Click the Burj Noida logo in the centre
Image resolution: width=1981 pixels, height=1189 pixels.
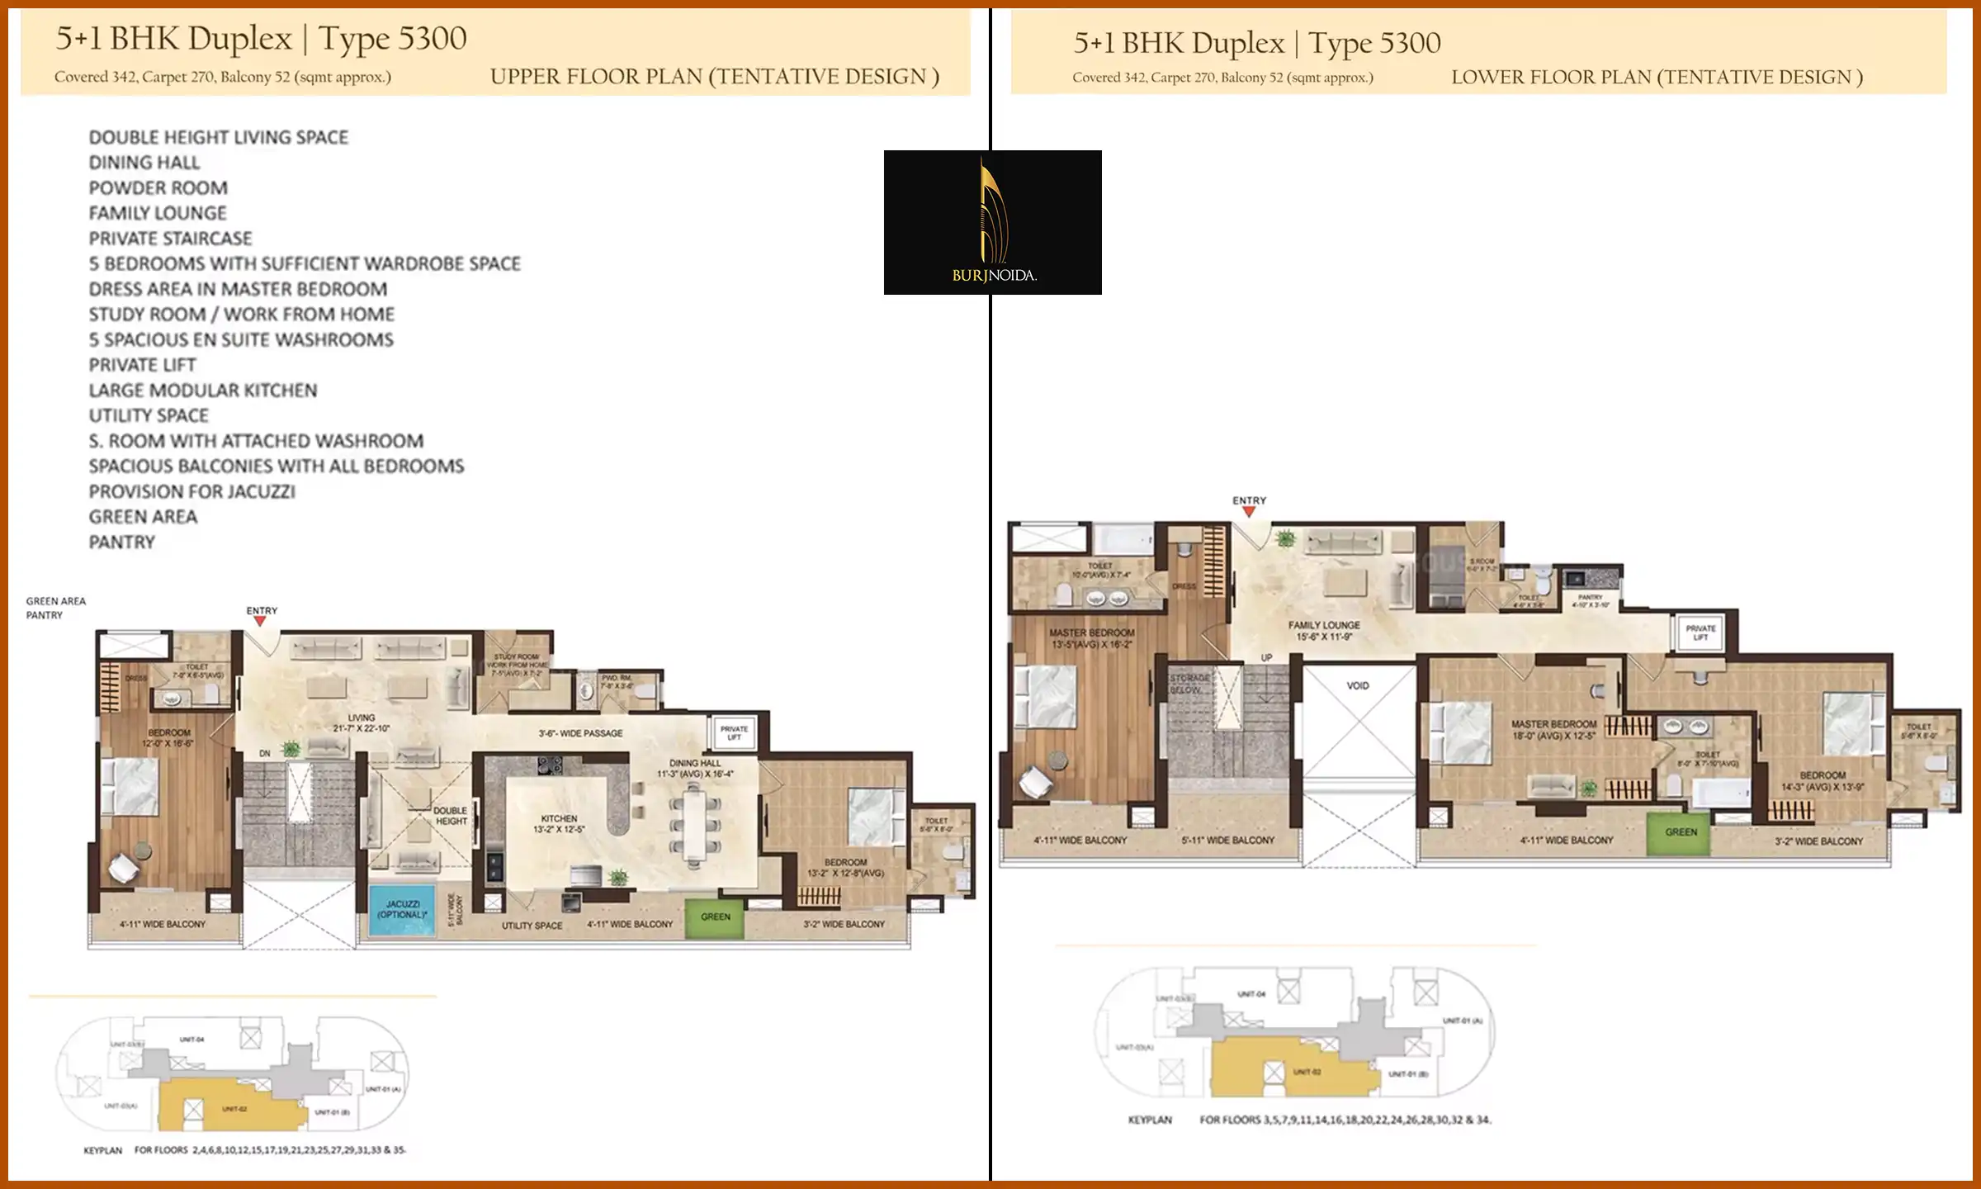992,222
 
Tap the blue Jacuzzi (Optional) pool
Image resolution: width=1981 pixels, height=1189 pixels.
402,910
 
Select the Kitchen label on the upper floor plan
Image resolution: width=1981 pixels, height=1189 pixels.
559,823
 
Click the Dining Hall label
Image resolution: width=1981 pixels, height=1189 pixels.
695,768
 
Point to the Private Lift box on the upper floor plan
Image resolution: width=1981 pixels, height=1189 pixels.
734,733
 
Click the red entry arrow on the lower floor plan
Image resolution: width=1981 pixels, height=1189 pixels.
1249,512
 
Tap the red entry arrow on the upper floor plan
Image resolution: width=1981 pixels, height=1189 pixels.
261,621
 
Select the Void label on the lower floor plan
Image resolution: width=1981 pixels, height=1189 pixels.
1358,685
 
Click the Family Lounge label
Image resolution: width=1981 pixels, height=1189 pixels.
1323,630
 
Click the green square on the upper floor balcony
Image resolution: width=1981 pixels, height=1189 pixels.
715,917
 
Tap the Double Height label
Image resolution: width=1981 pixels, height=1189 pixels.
451,816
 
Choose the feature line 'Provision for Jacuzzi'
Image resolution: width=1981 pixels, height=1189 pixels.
191,491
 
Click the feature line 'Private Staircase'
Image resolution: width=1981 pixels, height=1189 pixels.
170,238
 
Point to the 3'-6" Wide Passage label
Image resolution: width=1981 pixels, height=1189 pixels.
580,733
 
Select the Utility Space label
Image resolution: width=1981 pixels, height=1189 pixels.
532,926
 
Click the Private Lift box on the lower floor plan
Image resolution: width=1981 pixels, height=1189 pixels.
1700,633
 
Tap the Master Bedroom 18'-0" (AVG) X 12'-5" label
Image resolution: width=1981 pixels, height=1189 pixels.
1553,729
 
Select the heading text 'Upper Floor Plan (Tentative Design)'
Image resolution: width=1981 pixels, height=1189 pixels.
714,77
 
